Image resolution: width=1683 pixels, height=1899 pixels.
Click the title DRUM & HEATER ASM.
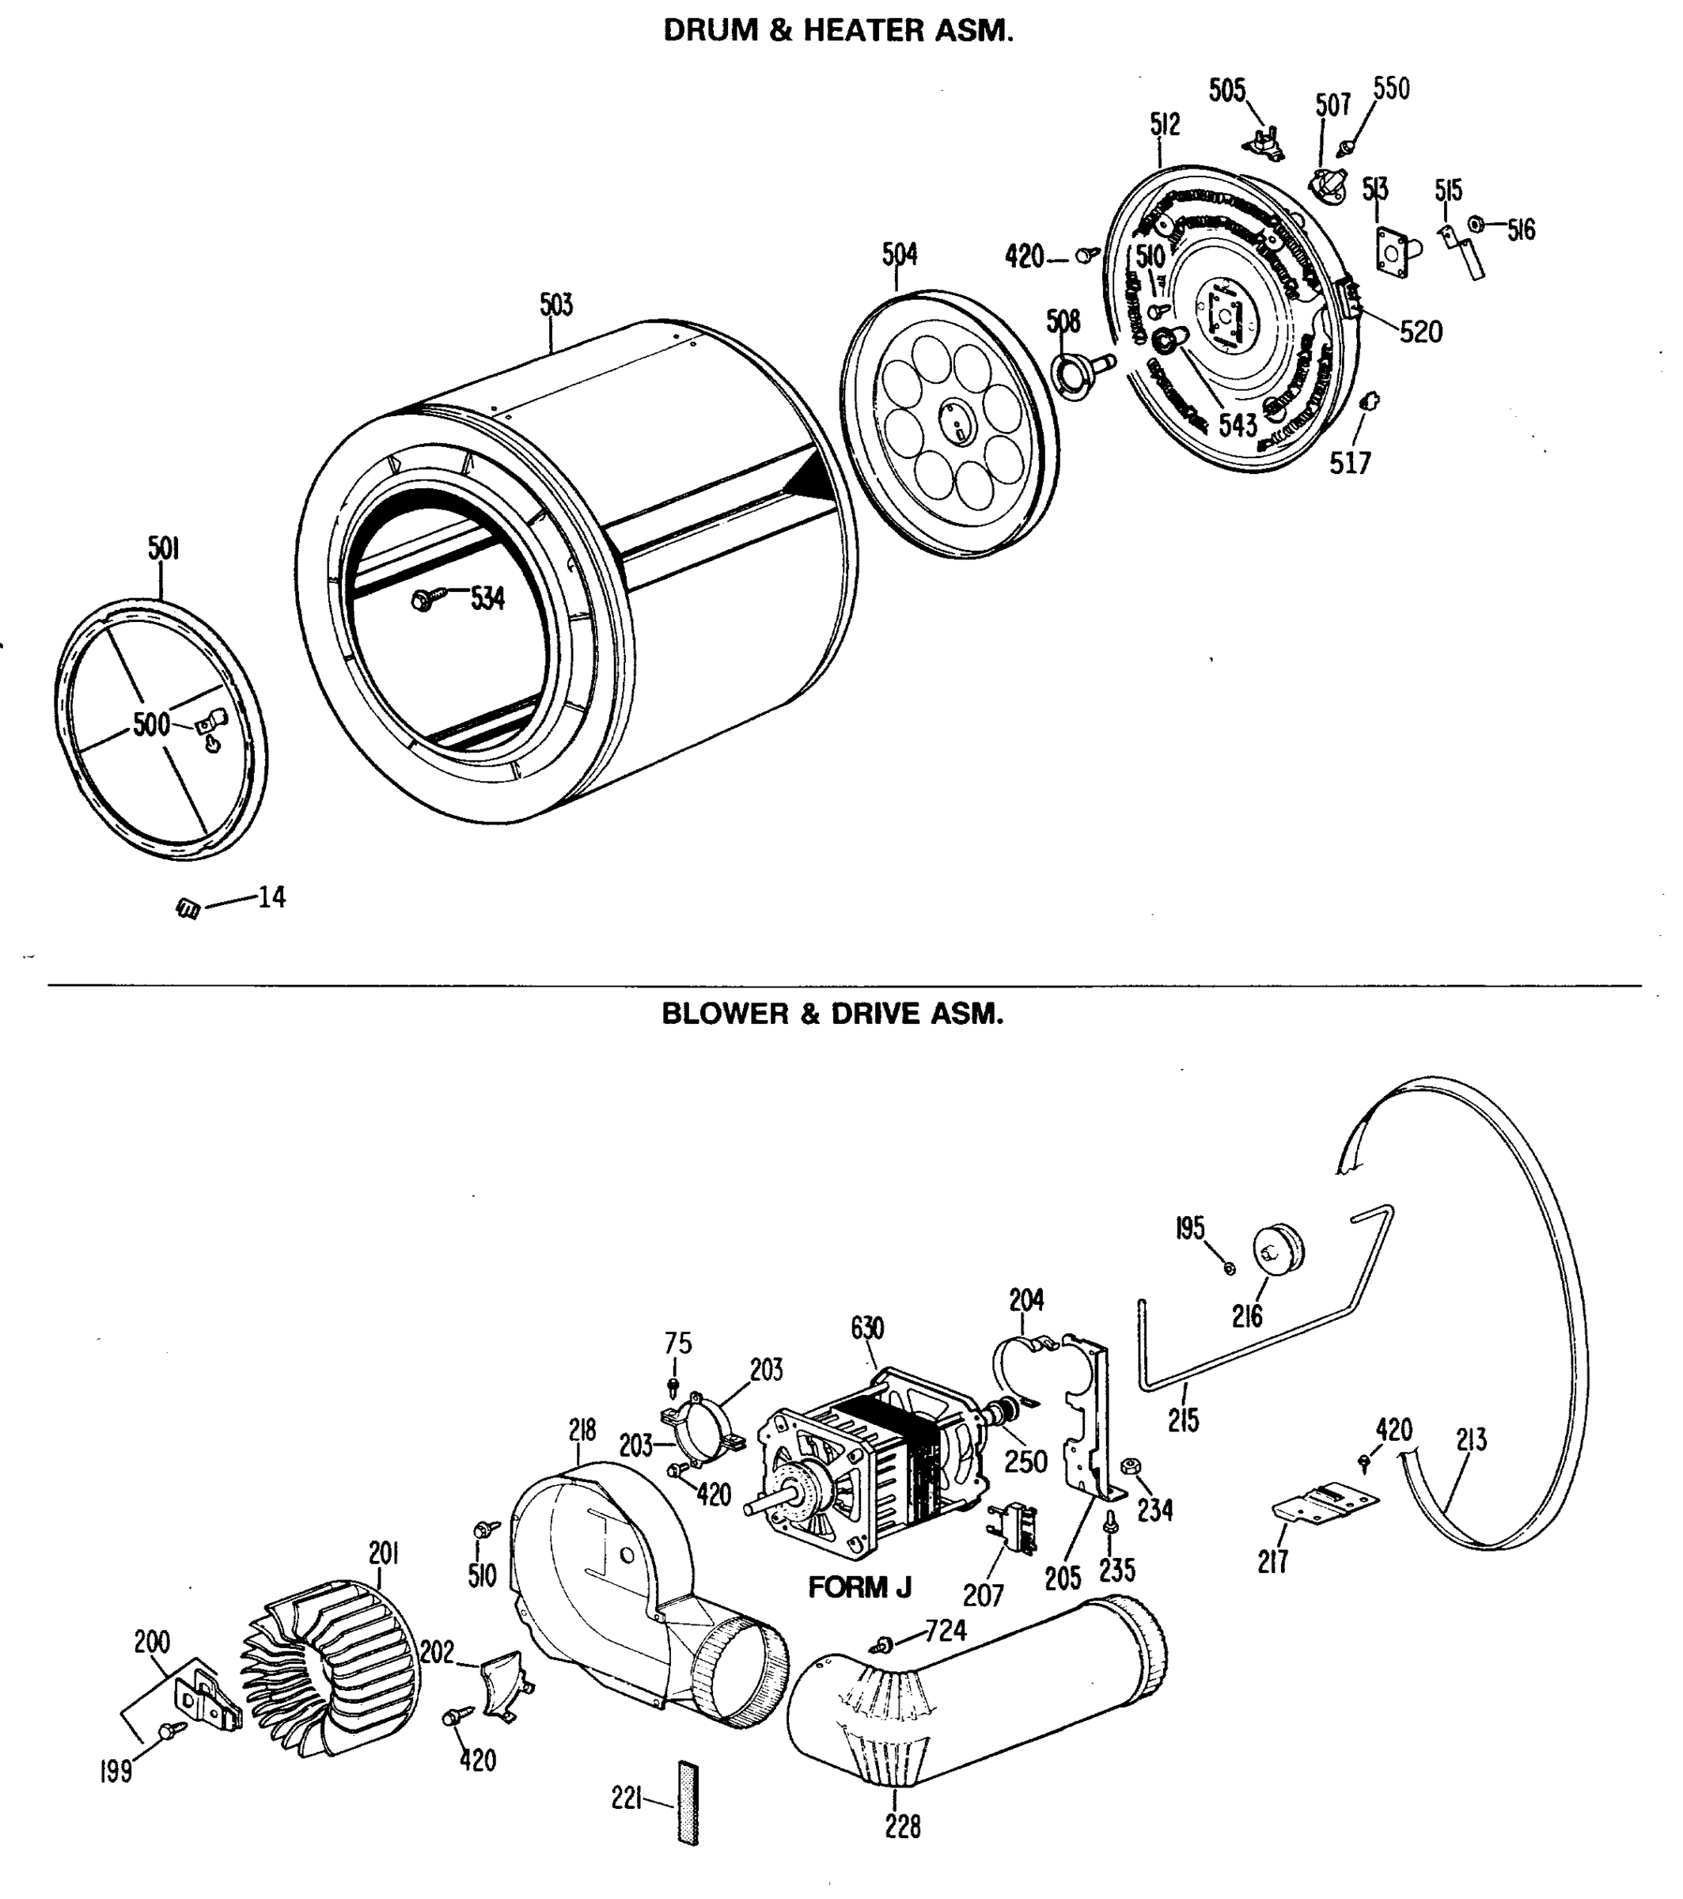tap(837, 31)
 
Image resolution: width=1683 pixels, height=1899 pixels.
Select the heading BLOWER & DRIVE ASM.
tap(832, 1013)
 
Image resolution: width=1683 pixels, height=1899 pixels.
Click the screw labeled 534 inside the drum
tap(426, 601)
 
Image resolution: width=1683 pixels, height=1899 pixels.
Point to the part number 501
tap(163, 549)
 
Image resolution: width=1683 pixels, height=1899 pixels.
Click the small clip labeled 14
tap(188, 908)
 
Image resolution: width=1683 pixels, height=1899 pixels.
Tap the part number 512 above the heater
tap(1165, 124)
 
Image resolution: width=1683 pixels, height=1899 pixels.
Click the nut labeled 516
tap(1475, 224)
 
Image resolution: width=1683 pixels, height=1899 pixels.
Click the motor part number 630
tap(867, 1329)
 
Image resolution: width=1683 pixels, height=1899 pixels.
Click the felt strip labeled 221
tap(688, 1802)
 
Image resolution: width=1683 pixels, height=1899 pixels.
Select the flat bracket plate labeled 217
tap(1326, 1503)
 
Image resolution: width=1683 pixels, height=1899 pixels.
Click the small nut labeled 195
tap(1230, 1268)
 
